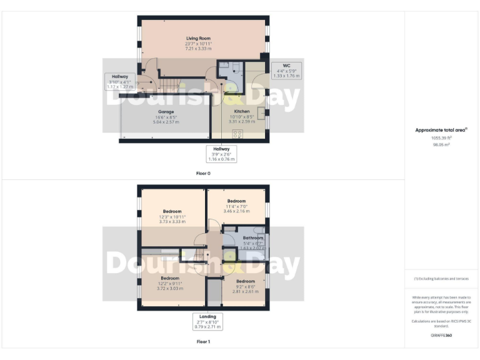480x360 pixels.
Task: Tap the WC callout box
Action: pyautogui.click(x=286, y=70)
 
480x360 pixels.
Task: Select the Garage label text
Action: pyautogui.click(x=165, y=111)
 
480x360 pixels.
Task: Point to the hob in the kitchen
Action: pyautogui.click(x=238, y=133)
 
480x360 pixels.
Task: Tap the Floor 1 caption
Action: pyautogui.click(x=203, y=342)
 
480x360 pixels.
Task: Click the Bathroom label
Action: pyautogui.click(x=253, y=238)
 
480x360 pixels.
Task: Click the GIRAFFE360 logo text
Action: pyautogui.click(x=441, y=336)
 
